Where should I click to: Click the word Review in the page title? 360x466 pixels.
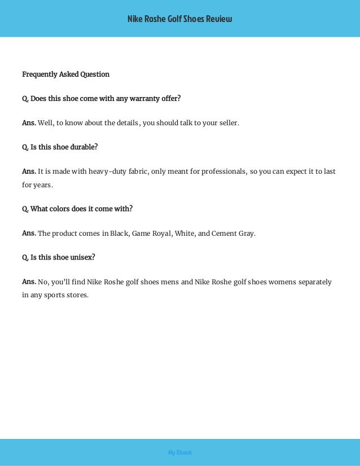pyautogui.click(x=221, y=19)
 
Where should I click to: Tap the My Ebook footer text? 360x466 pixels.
pyautogui.click(x=180, y=452)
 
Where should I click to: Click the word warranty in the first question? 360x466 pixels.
pyautogui.click(x=134, y=99)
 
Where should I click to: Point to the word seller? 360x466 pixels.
pyautogui.click(x=228, y=122)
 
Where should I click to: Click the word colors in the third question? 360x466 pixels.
pyautogui.click(x=59, y=209)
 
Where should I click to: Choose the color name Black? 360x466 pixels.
pyautogui.click(x=118, y=233)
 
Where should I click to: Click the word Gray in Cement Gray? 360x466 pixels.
pyautogui.click(x=246, y=233)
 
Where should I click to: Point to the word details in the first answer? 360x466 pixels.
pyautogui.click(x=123, y=122)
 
